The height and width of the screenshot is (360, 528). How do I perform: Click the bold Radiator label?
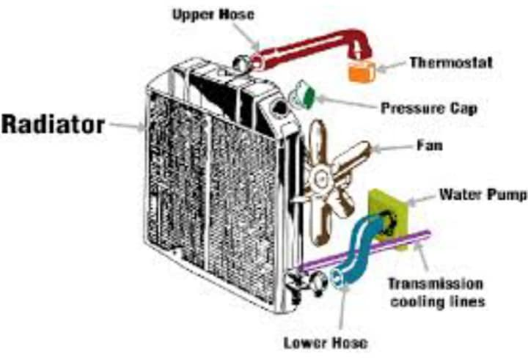(x=52, y=125)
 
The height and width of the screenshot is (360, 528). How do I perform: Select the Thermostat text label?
(x=450, y=62)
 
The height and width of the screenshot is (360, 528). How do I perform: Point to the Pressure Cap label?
(x=429, y=109)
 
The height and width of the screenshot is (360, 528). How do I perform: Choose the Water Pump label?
(x=482, y=195)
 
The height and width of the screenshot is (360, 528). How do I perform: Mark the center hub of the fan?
(x=320, y=177)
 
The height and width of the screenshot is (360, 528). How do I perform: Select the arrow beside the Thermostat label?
(x=393, y=65)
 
